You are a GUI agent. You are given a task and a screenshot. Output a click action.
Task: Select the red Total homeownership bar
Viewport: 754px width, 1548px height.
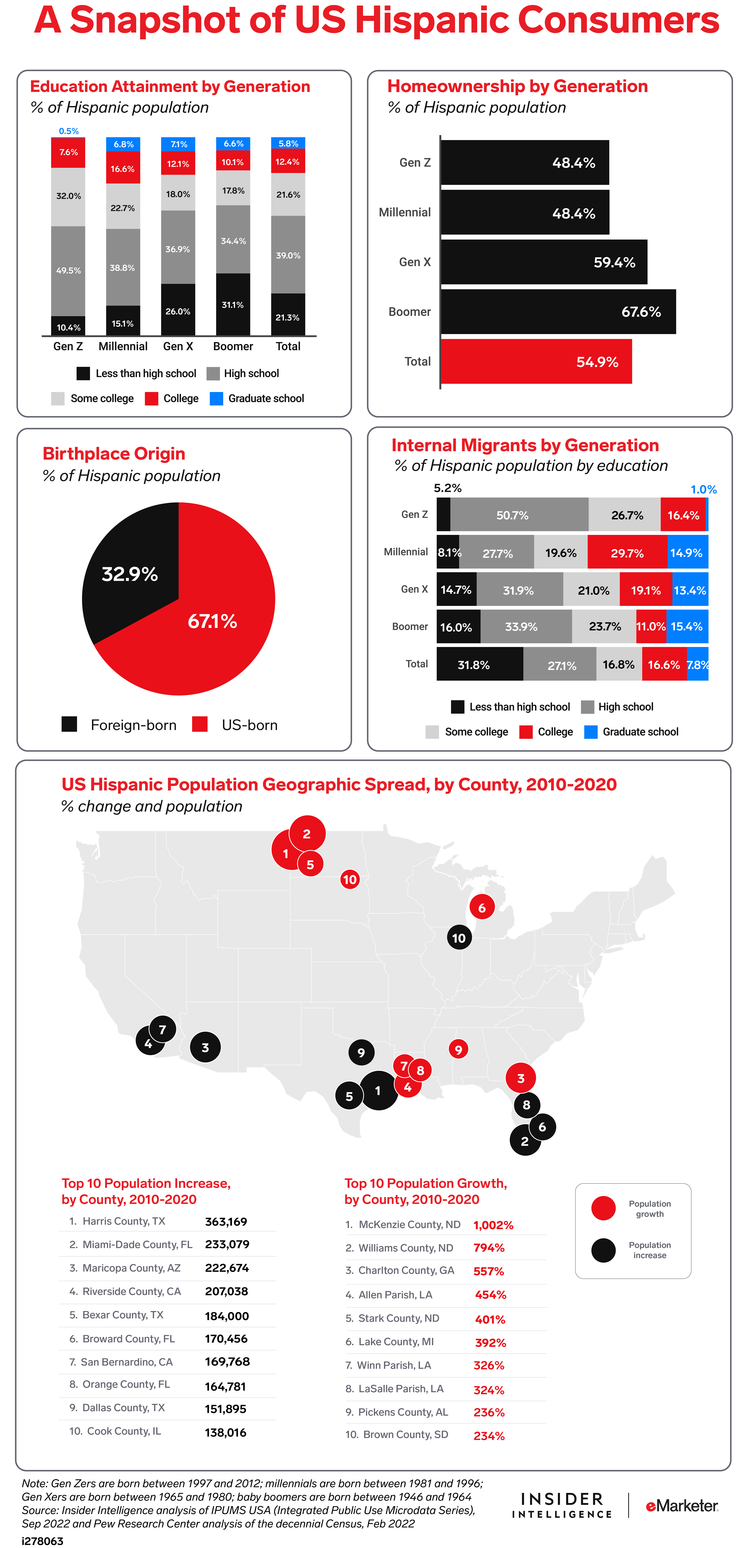tap(536, 361)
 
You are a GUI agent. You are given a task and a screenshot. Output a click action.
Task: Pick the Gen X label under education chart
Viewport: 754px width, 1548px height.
tap(178, 346)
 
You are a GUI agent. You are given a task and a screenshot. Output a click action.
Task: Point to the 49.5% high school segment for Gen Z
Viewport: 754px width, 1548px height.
tap(68, 271)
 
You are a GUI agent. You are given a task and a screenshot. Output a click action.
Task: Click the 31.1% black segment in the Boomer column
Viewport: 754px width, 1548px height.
tap(233, 305)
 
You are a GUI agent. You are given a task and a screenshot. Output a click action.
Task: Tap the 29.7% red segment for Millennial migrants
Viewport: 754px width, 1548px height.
tap(627, 552)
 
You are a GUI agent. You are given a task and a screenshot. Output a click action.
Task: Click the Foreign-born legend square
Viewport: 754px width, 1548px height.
tap(69, 724)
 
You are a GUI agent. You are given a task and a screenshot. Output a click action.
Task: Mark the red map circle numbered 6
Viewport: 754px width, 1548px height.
tap(482, 907)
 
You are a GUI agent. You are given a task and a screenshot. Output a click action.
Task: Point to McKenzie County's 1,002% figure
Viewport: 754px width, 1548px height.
tap(493, 1225)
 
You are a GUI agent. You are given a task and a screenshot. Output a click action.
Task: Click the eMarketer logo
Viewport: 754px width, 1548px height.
tap(682, 1505)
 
